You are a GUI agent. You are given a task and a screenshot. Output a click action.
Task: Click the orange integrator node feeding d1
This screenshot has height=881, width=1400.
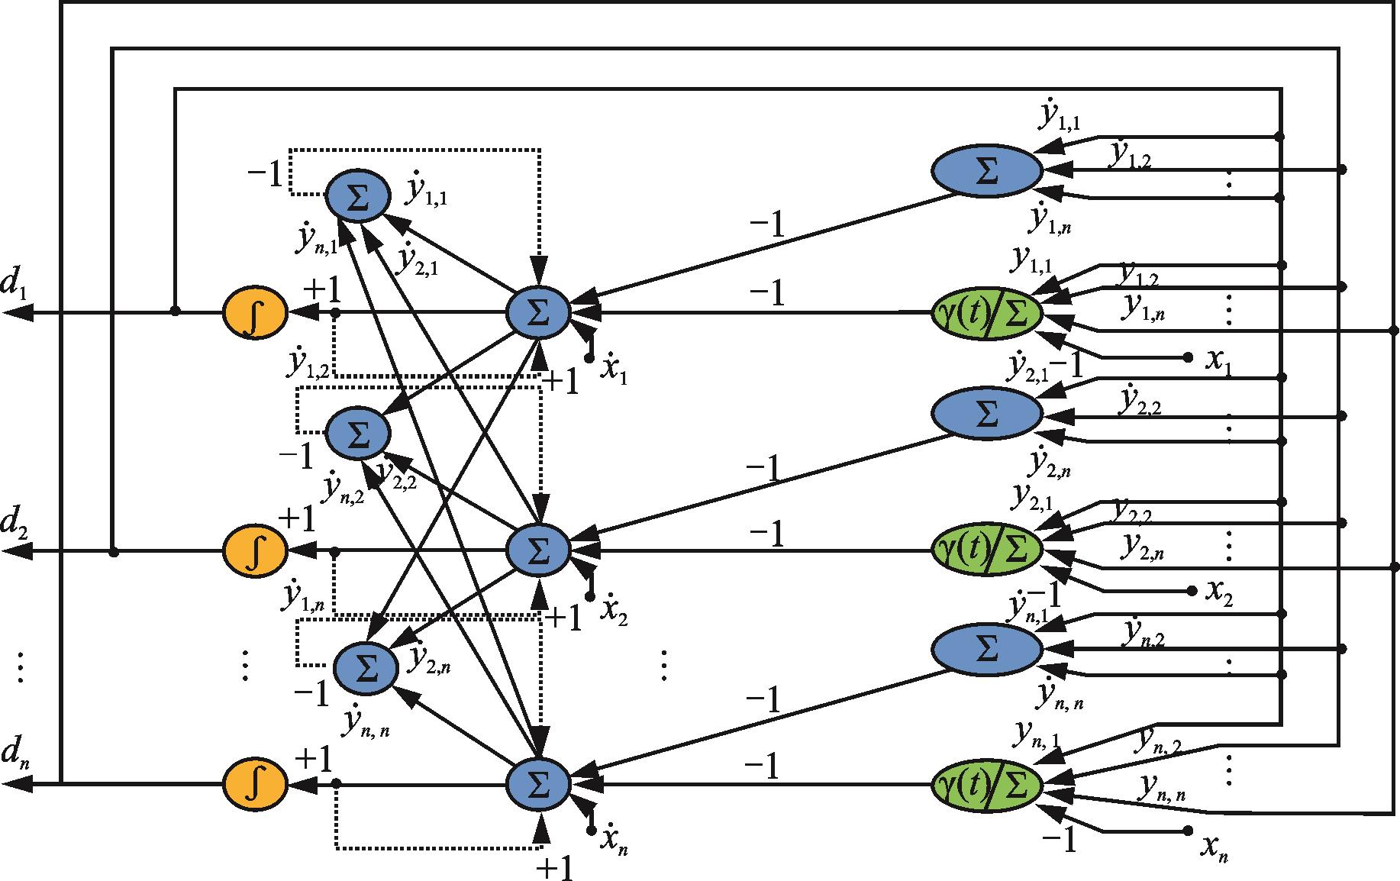pos(255,313)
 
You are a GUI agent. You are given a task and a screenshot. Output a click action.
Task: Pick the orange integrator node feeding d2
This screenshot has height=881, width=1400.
pos(255,550)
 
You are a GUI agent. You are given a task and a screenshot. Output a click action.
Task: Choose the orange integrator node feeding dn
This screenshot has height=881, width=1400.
pos(255,784)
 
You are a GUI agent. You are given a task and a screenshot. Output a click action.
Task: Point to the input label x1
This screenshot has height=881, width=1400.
pos(1217,360)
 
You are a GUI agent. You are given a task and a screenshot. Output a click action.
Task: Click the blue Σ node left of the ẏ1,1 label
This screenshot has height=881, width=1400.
pos(358,195)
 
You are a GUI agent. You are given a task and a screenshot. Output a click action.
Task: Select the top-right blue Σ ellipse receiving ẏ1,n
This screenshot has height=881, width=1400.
pos(986,171)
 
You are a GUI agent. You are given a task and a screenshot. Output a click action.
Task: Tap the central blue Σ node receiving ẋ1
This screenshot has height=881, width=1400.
pos(538,313)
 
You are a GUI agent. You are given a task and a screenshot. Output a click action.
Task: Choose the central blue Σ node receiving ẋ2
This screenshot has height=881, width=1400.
pos(538,550)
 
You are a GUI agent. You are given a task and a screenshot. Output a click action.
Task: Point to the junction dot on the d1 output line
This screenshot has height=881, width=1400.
pos(175,311)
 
